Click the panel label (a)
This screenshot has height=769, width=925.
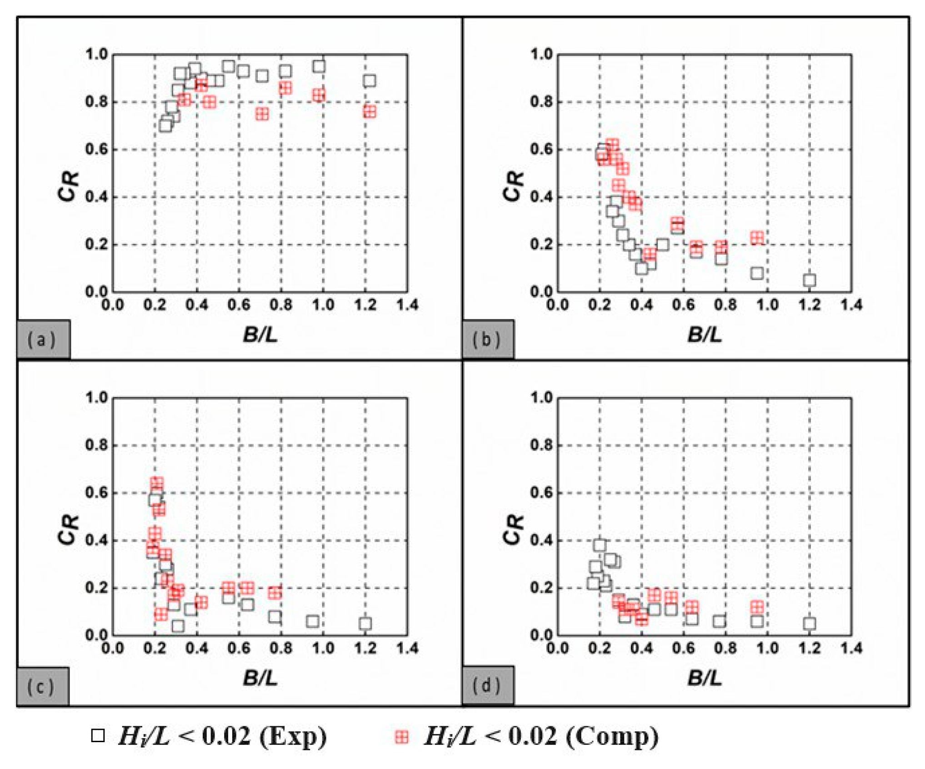pos(42,340)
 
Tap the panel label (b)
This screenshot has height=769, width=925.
pos(487,340)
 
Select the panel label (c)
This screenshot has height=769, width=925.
pos(41,687)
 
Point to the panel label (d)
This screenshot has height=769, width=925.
pos(487,686)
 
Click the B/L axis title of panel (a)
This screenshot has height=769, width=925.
pos(260,335)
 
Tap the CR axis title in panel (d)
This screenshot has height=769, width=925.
pos(514,529)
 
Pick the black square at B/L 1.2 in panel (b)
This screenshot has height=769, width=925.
pos(809,280)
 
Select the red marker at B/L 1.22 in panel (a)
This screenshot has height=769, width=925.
pos(370,112)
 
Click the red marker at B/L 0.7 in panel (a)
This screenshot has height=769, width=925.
pos(262,114)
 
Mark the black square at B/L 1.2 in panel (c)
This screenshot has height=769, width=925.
pos(365,623)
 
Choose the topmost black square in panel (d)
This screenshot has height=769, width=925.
pos(600,545)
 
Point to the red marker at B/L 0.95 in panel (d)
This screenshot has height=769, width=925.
pos(757,607)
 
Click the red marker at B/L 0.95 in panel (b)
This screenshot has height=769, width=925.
pos(757,238)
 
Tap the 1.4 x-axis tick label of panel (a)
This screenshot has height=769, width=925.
pos(407,305)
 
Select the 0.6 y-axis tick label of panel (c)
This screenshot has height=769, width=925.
pos(96,493)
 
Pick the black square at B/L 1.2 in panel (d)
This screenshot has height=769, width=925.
pos(809,623)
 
